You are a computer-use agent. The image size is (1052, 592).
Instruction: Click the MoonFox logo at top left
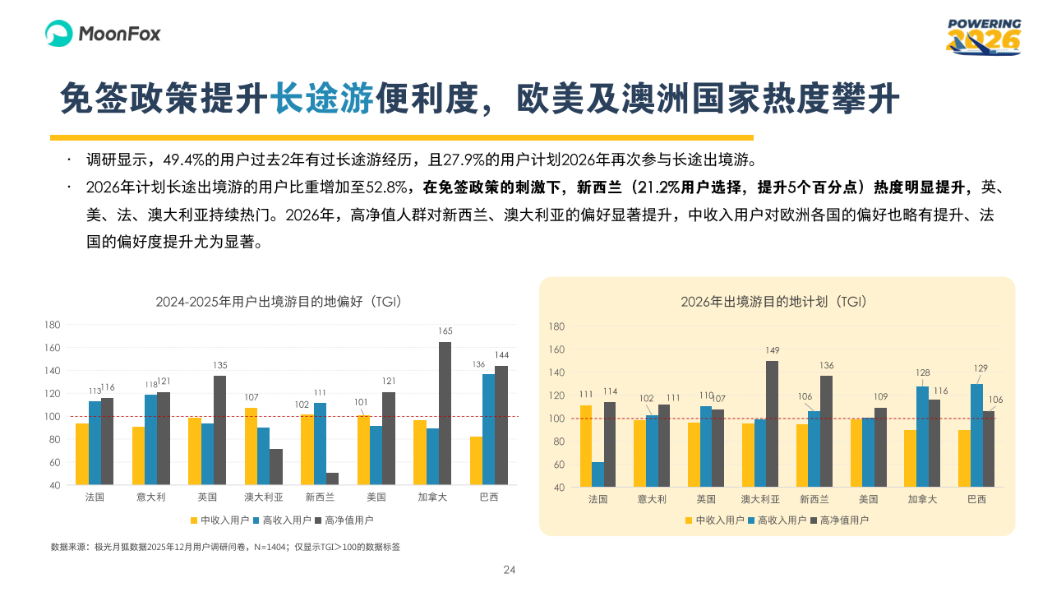[x=103, y=34]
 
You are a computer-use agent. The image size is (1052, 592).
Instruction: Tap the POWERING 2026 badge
[x=984, y=37]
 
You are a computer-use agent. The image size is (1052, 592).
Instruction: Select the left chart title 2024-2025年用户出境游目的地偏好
[x=279, y=302]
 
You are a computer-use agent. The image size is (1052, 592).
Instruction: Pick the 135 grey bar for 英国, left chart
[x=219, y=430]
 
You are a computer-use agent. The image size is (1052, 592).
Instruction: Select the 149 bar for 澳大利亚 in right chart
[x=772, y=423]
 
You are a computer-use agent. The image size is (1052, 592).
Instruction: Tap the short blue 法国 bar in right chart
[x=598, y=474]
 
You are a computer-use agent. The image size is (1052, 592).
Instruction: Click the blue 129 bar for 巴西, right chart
[x=976, y=435]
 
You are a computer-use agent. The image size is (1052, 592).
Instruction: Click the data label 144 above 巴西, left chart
[x=501, y=355]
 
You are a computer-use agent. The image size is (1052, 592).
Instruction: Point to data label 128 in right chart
[x=922, y=373]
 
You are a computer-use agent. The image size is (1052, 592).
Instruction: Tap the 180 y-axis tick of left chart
[x=53, y=325]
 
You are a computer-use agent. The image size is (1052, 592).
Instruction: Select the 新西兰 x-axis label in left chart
[x=320, y=497]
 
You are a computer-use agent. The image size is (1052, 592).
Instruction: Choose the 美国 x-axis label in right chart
[x=868, y=499]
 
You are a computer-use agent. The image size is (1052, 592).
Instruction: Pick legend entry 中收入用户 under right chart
[x=715, y=520]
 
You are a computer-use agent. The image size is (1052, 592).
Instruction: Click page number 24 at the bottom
[x=509, y=570]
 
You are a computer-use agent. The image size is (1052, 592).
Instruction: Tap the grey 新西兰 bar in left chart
[x=332, y=479]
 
